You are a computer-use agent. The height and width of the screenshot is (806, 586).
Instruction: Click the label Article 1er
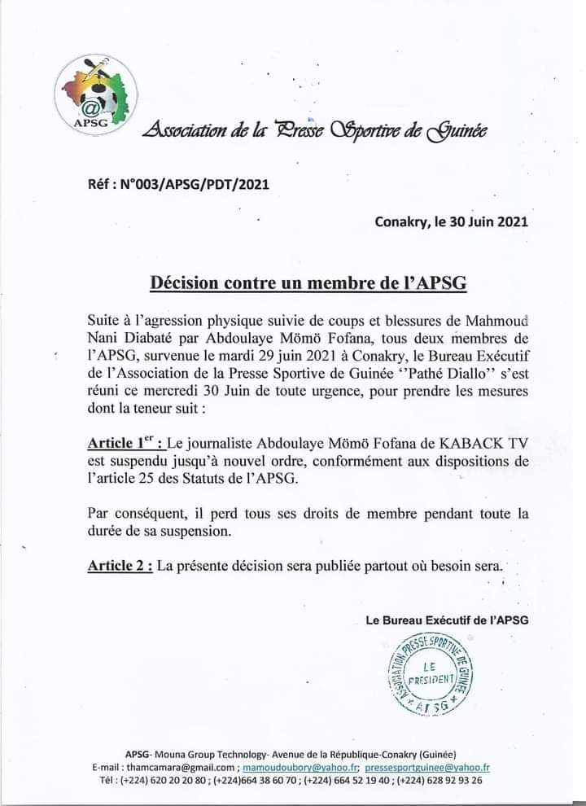pyautogui.click(x=125, y=443)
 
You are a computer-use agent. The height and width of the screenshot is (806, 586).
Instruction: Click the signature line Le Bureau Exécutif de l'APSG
pyautogui.click(x=447, y=620)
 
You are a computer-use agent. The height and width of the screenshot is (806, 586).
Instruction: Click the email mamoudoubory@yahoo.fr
pyautogui.click(x=299, y=767)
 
